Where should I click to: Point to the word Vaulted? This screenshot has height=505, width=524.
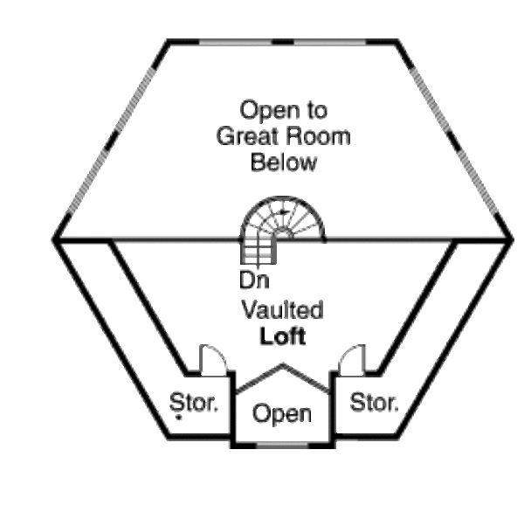[283, 310]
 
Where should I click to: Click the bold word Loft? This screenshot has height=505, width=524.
[283, 336]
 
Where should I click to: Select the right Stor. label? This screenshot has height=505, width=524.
[374, 403]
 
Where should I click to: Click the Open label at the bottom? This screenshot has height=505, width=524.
[282, 413]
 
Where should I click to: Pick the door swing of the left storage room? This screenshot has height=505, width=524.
[213, 358]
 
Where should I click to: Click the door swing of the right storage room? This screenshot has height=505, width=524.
[352, 358]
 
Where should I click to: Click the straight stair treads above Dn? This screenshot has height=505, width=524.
[254, 252]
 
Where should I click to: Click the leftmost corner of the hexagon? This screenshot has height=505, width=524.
[54, 239]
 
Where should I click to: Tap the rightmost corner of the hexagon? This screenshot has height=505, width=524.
[512, 238]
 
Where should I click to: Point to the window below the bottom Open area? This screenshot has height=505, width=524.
[282, 447]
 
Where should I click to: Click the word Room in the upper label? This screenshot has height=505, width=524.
[323, 137]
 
